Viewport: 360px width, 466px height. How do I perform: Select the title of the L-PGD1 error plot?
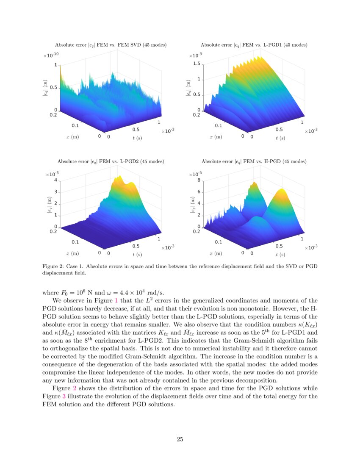(x=254, y=44)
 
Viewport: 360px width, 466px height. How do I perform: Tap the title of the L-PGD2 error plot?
(x=111, y=161)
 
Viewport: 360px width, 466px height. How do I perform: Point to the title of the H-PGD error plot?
(x=254, y=161)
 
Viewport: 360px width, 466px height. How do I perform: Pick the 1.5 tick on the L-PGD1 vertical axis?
(x=196, y=64)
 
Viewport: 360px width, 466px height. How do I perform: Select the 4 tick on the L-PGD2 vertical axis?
(x=55, y=180)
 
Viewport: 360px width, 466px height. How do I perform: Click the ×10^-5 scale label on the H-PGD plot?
(x=195, y=174)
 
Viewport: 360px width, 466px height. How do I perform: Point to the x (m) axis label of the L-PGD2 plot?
(x=72, y=253)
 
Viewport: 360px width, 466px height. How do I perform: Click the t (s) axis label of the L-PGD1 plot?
(x=280, y=138)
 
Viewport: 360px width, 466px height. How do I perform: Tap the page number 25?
(x=180, y=439)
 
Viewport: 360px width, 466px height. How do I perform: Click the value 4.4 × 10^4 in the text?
(x=124, y=292)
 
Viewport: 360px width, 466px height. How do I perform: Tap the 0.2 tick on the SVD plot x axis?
(x=54, y=114)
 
